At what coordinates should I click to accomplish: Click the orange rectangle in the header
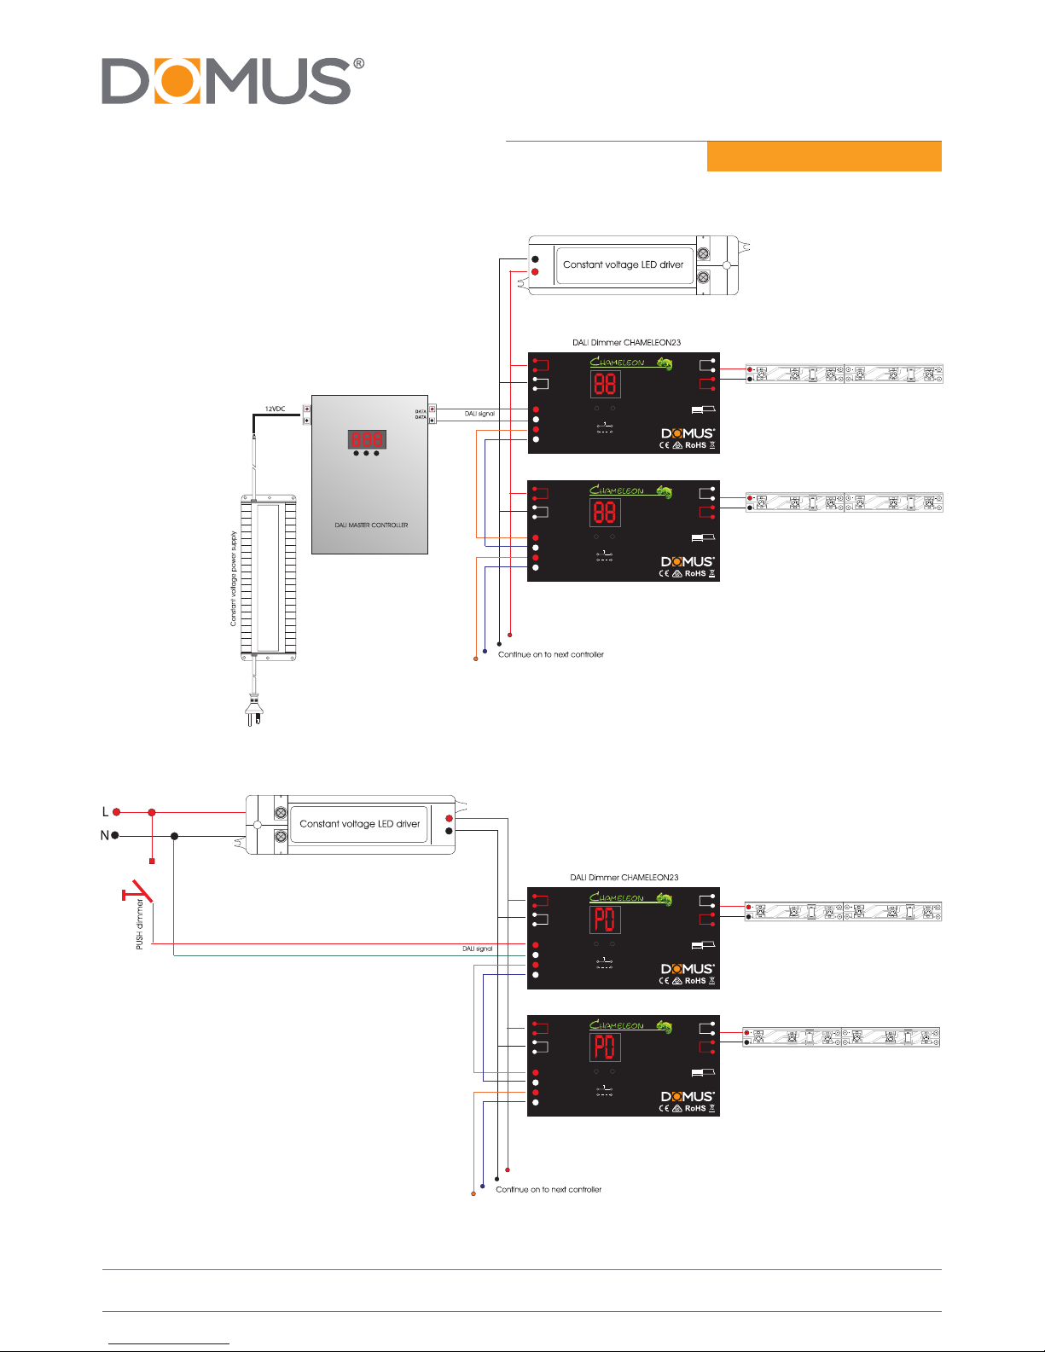tap(823, 157)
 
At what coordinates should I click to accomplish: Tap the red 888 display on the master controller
tap(367, 439)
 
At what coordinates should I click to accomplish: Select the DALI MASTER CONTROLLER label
tap(371, 525)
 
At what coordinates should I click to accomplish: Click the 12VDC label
tap(275, 409)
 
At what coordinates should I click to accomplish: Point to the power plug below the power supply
tap(253, 710)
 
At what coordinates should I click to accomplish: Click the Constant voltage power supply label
tap(234, 578)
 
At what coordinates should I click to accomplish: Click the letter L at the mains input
tap(106, 812)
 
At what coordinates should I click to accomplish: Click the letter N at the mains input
tap(105, 836)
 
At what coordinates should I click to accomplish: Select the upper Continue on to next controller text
tap(551, 654)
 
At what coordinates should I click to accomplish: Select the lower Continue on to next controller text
tap(549, 1189)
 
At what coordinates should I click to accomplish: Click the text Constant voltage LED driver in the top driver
tap(623, 264)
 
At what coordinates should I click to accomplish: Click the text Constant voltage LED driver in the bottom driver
tap(359, 824)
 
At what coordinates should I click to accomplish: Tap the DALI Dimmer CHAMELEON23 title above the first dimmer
tap(626, 343)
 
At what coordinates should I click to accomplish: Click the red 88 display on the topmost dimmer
tap(605, 384)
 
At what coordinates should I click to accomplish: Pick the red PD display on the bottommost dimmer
tap(604, 1047)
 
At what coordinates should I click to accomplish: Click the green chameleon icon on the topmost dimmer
tap(664, 363)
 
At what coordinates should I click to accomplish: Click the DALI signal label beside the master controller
tap(479, 414)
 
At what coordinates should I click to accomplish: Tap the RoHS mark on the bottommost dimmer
tap(695, 1109)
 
